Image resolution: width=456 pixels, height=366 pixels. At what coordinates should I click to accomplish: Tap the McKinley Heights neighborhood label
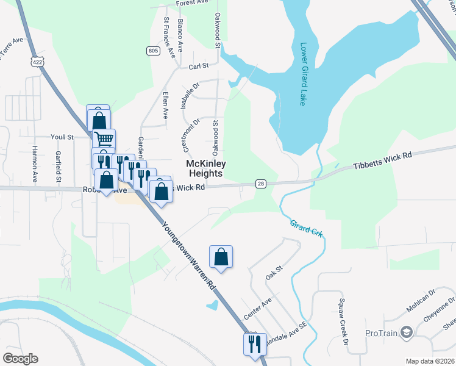click(x=205, y=169)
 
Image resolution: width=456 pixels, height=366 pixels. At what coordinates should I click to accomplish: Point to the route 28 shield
click(x=261, y=184)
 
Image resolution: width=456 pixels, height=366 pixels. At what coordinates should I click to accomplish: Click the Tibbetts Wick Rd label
click(x=383, y=160)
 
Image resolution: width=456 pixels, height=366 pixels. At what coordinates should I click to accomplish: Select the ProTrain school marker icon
click(x=407, y=332)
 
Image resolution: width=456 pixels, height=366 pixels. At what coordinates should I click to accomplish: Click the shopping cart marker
click(x=104, y=140)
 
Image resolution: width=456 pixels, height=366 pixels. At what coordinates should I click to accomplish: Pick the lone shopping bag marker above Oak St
click(x=221, y=257)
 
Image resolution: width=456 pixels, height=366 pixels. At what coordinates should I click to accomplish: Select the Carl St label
click(x=199, y=66)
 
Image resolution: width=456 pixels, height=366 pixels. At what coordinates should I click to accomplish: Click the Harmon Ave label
click(x=35, y=164)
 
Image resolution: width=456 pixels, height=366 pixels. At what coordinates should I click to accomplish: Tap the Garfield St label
click(x=58, y=167)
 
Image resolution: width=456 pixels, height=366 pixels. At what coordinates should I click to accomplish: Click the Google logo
click(x=20, y=359)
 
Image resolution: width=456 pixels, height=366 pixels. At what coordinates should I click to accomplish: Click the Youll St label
click(x=62, y=137)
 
